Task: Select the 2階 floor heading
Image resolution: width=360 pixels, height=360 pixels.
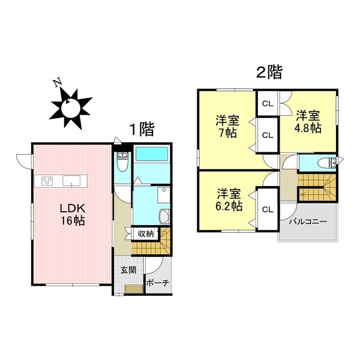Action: pos(269,73)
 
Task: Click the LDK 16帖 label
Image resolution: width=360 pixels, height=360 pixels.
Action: pos(71,214)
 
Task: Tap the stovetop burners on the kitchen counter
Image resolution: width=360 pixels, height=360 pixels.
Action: pos(47,180)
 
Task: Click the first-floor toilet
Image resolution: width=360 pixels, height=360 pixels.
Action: pos(122,162)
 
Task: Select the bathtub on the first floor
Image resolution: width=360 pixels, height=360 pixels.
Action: pos(152,154)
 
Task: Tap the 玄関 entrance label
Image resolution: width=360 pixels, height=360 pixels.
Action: pos(128,270)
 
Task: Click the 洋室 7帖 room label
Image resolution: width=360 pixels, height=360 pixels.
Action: pos(227,125)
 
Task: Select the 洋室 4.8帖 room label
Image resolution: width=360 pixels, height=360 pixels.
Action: pos(308,121)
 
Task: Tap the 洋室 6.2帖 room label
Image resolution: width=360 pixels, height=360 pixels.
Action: pos(229,199)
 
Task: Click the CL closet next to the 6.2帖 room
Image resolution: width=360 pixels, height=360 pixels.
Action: pos(268,209)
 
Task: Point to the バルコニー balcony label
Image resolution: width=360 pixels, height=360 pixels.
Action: pos(308,221)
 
